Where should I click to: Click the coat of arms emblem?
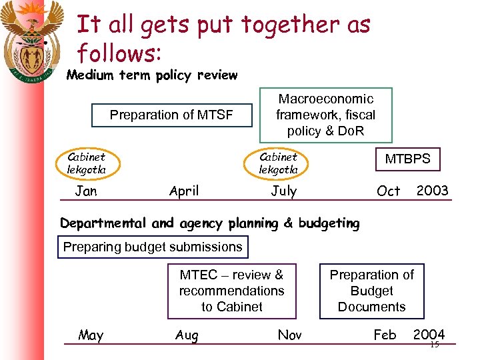tap(31, 40)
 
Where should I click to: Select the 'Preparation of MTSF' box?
tap(171, 115)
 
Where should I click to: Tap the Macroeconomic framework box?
tap(325, 115)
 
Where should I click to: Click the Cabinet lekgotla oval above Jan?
tap(87, 163)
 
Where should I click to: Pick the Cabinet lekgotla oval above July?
tap(279, 163)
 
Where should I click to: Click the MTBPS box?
tap(407, 159)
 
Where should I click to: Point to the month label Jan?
tap(86, 191)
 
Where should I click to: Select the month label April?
tap(184, 191)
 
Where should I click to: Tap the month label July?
tap(283, 191)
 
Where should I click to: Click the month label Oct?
tap(389, 191)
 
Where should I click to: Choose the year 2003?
tap(432, 191)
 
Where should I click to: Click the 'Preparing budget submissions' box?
tap(153, 247)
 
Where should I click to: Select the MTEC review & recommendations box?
tap(231, 291)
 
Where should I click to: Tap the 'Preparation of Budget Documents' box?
tap(371, 291)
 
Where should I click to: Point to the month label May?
tap(91, 335)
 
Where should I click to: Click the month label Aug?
tap(187, 335)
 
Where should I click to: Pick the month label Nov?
tap(289, 335)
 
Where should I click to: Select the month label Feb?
tap(385, 335)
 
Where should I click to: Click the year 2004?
tap(429, 334)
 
